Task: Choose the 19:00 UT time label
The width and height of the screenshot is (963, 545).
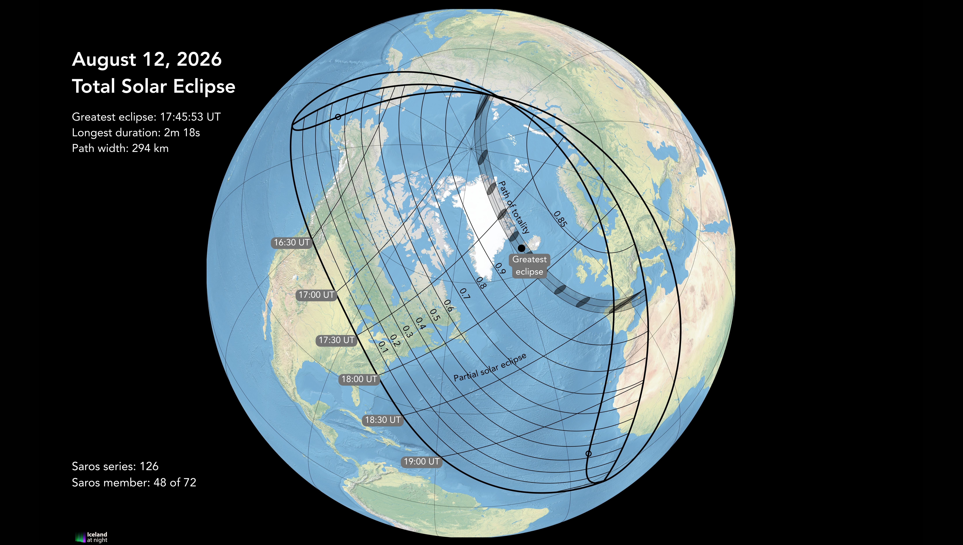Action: pyautogui.click(x=422, y=462)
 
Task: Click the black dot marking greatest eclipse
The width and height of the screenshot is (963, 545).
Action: pyautogui.click(x=521, y=248)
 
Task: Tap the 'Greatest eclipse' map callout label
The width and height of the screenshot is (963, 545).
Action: pyautogui.click(x=529, y=265)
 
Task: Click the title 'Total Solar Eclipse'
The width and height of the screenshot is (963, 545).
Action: pyautogui.click(x=153, y=86)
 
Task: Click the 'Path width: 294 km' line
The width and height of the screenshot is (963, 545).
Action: pyautogui.click(x=120, y=149)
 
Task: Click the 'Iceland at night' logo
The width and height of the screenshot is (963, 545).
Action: pyautogui.click(x=92, y=537)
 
